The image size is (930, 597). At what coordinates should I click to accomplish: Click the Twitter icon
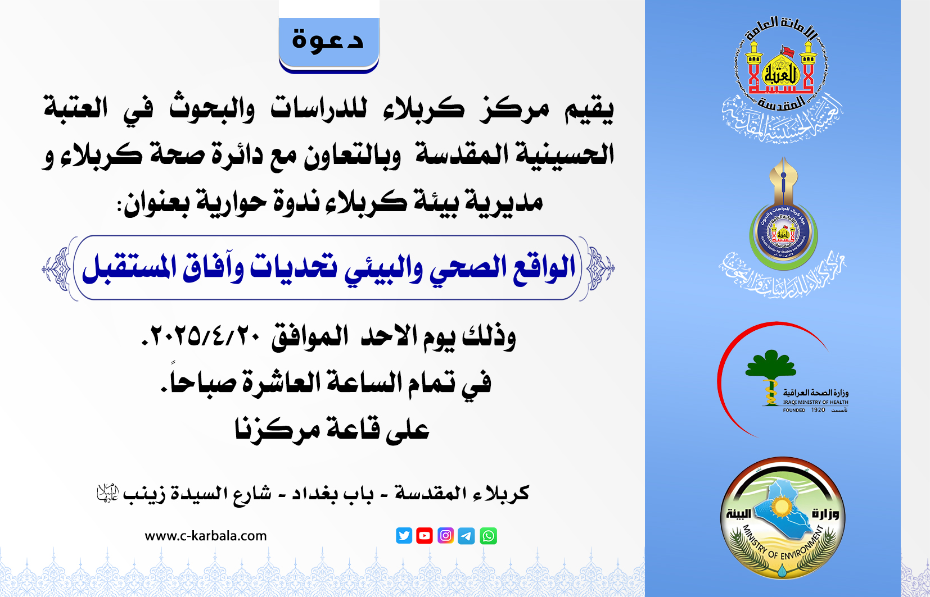[x=404, y=536]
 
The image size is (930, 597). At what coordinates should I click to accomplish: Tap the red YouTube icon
[x=425, y=536]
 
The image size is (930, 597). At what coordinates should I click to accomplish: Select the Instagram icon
[x=445, y=536]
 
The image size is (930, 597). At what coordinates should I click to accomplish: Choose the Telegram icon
[x=466, y=536]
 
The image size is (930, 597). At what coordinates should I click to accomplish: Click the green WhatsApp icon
[x=488, y=536]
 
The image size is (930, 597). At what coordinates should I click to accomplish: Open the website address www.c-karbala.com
[x=206, y=536]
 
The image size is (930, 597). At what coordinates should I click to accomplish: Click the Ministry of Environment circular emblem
[x=782, y=518]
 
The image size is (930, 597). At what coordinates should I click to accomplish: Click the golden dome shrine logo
[x=782, y=70]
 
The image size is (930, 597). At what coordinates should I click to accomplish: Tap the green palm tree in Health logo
[x=770, y=365]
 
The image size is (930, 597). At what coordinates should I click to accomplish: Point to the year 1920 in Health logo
[x=818, y=410]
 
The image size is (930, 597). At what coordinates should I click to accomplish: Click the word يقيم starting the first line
[x=589, y=109]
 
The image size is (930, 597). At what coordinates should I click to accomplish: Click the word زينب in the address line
[x=144, y=494]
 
